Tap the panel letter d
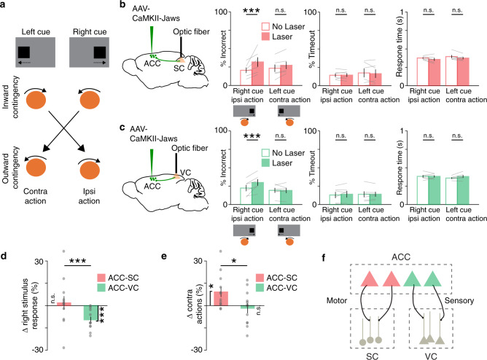[x=4, y=238]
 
